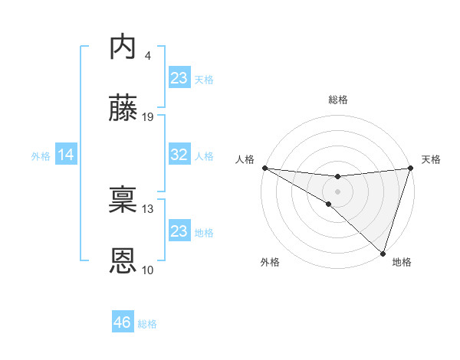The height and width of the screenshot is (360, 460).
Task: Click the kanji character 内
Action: pos(124,47)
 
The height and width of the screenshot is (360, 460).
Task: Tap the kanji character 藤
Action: pos(124,110)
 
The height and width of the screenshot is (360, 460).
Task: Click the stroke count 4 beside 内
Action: pos(147,56)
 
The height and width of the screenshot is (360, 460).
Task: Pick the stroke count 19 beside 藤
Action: pos(148,117)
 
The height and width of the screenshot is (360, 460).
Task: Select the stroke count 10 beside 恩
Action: pos(148,270)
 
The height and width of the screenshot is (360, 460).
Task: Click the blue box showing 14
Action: pos(66,155)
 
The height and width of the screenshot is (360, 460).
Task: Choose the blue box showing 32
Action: pos(179,155)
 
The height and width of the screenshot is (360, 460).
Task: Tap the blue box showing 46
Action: pos(123,323)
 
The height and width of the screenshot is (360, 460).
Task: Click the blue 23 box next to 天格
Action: pos(179,78)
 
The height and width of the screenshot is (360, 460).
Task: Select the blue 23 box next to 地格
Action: pos(179,231)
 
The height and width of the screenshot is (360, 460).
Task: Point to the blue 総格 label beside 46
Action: pos(147,324)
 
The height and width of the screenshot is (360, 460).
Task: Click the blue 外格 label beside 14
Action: pos(41,156)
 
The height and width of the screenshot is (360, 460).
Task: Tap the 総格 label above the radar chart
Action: pos(337,100)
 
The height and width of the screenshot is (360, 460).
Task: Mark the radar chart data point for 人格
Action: pos(264,167)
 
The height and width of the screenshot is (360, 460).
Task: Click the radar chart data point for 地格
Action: pos(383,253)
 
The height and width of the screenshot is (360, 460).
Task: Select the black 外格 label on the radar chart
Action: pos(269,263)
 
